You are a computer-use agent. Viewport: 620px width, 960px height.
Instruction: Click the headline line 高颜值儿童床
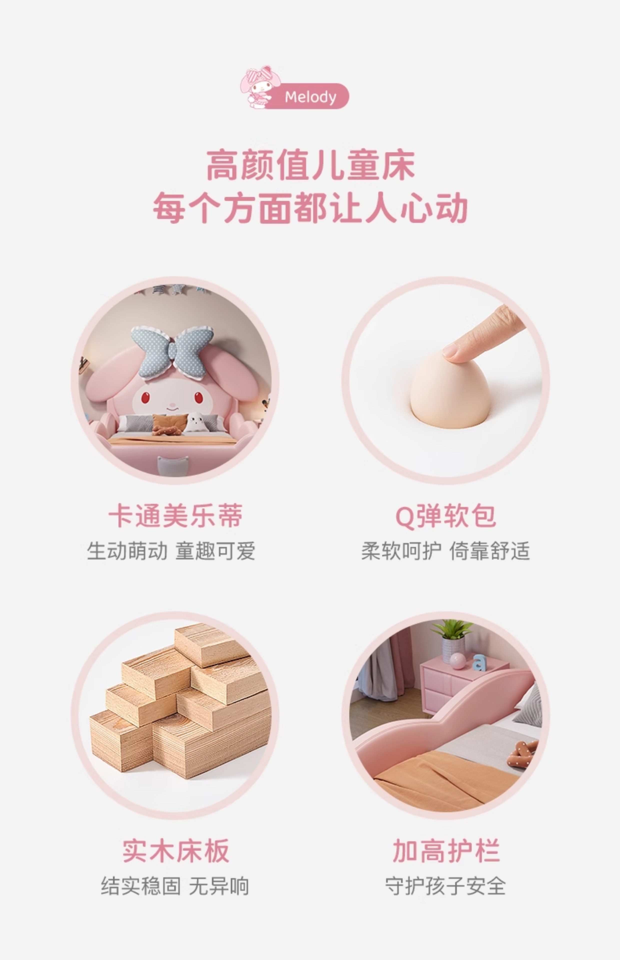point(310,165)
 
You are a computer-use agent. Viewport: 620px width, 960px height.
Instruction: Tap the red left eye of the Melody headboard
point(145,398)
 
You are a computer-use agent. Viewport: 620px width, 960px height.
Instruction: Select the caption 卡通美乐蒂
point(175,515)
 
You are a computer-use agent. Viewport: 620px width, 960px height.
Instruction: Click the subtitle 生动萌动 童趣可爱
point(171,551)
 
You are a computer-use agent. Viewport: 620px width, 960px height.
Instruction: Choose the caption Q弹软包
point(446,515)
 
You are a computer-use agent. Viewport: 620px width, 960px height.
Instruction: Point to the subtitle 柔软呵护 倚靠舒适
point(445,551)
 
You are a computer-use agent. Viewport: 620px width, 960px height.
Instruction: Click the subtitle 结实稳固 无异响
point(175,886)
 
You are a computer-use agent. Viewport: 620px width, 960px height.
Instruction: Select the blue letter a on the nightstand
point(479,662)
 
